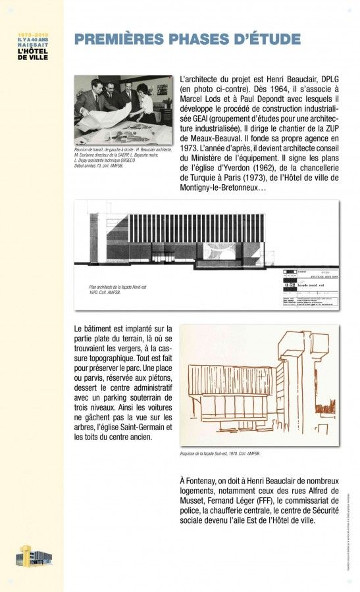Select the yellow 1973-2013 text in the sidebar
[x=33, y=33]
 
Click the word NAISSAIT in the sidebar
[x=33, y=44]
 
